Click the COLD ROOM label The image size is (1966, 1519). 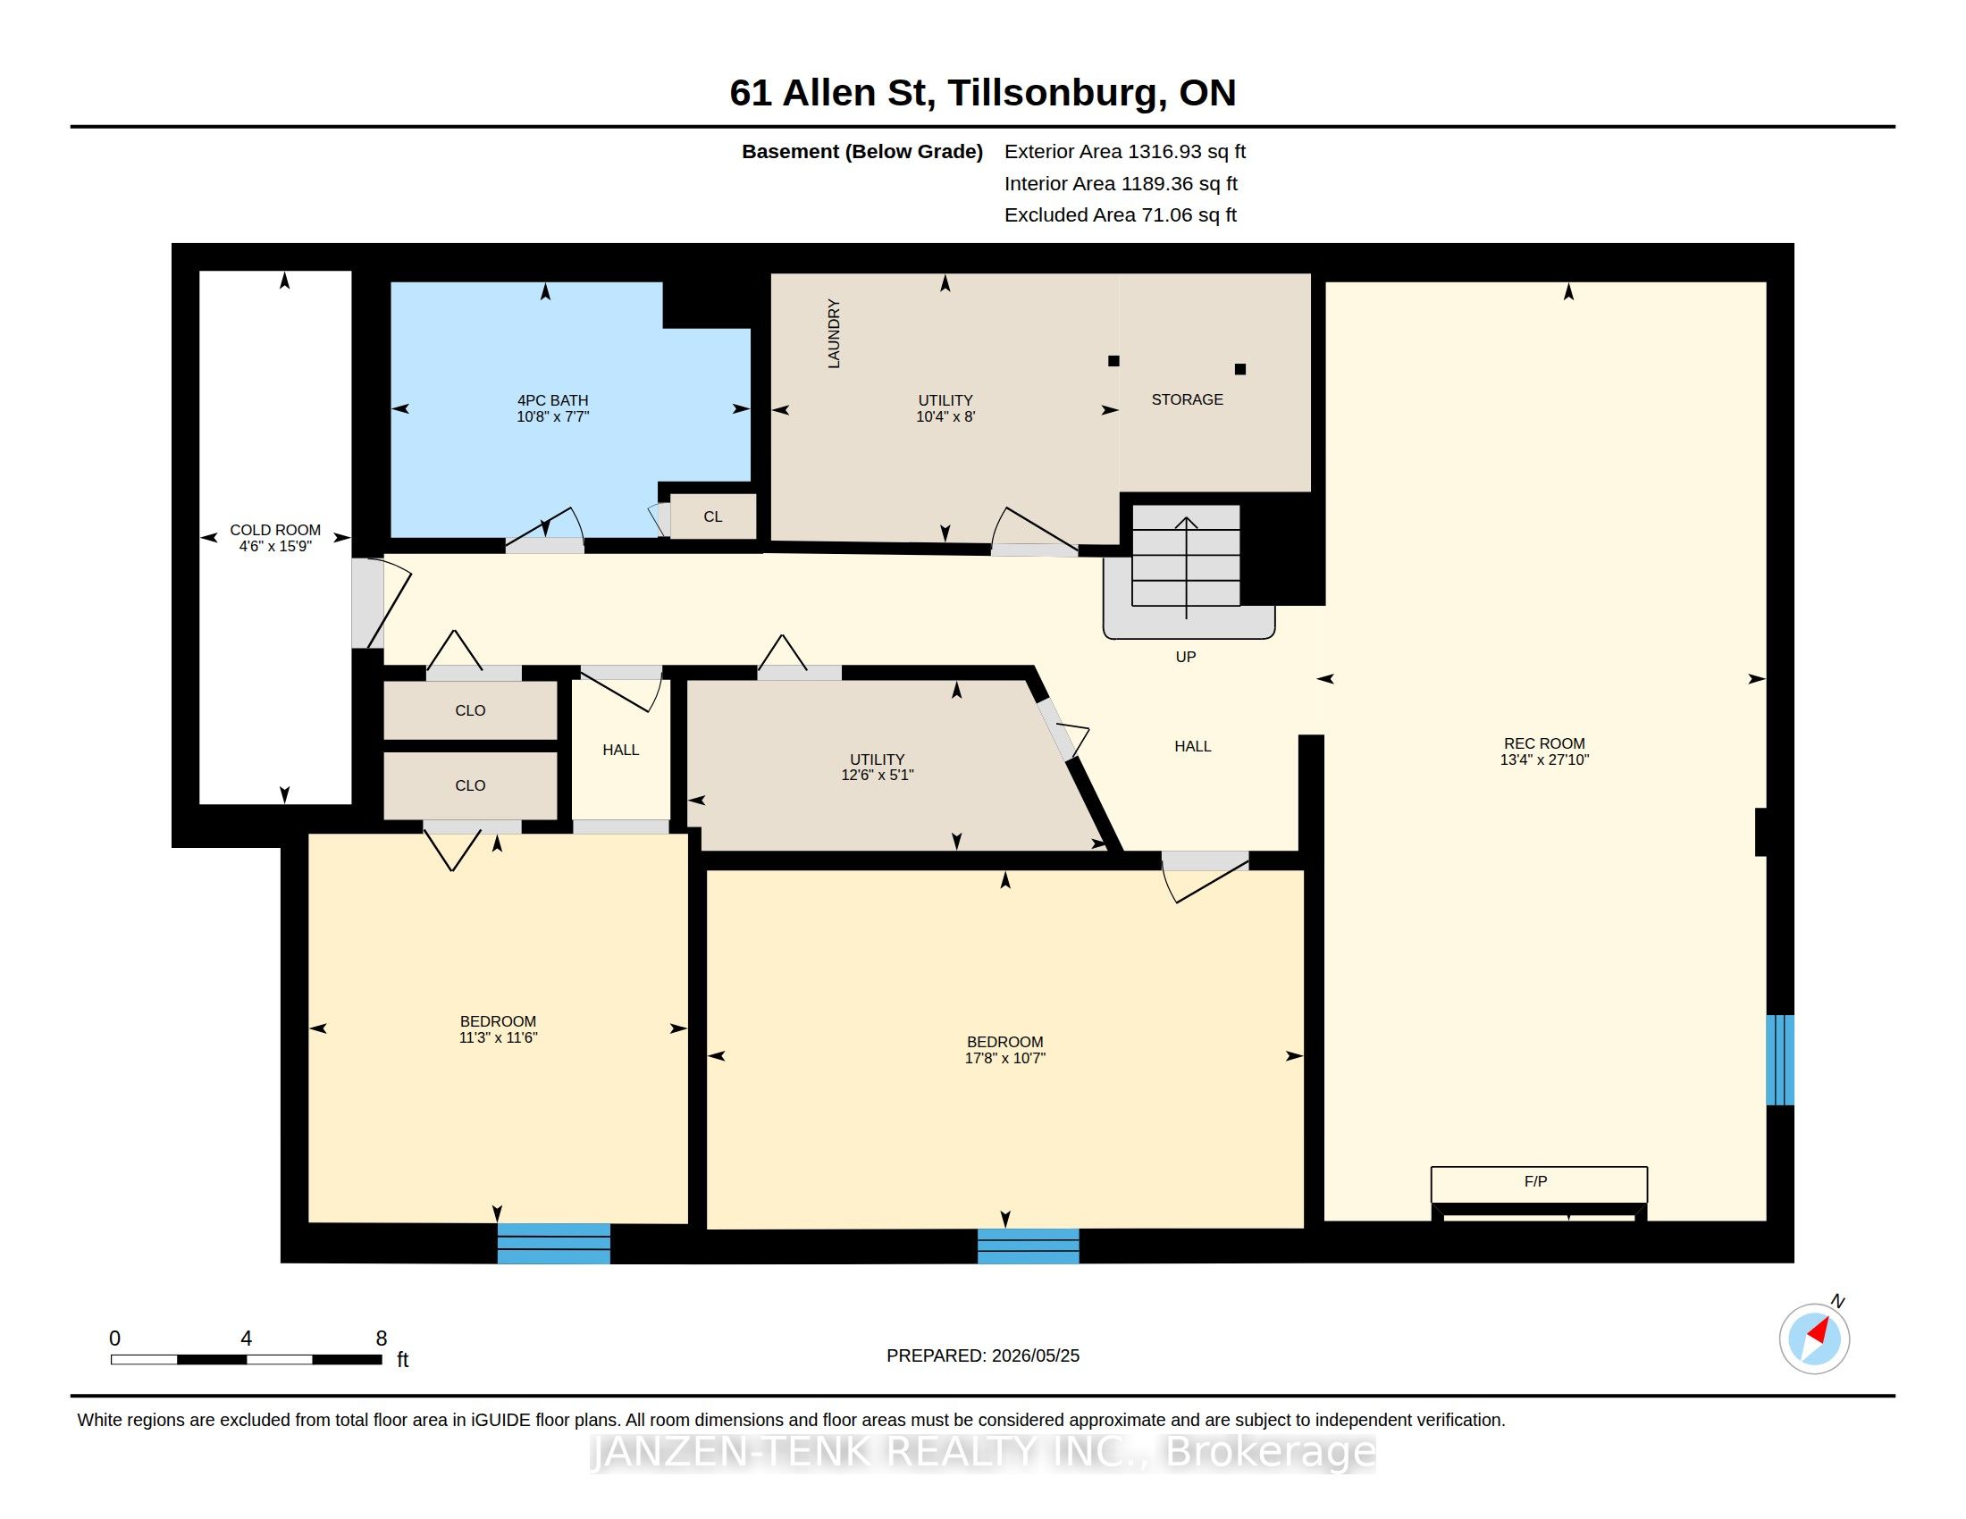click(x=274, y=530)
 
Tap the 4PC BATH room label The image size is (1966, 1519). click(x=552, y=400)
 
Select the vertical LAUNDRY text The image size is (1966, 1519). click(x=834, y=334)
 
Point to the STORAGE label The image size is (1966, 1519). click(x=1188, y=399)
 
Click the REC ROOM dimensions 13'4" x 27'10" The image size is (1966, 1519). click(x=1544, y=759)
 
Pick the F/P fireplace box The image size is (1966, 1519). click(x=1540, y=1184)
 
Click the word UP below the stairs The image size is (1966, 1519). click(x=1186, y=657)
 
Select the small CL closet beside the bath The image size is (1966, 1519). click(x=713, y=516)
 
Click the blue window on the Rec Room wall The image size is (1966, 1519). click(x=1779, y=1060)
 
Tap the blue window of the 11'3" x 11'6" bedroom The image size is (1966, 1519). click(x=554, y=1244)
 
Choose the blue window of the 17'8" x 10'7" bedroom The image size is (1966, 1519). click(x=1028, y=1246)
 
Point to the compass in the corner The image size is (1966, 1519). click(x=1814, y=1339)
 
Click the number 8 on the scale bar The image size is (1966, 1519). click(x=382, y=1339)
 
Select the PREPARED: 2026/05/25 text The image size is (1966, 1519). click(x=983, y=1355)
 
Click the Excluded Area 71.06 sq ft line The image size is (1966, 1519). click(x=1121, y=215)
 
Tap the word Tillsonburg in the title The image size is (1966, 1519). click(x=1053, y=93)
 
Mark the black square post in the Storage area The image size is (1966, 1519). click(x=1239, y=369)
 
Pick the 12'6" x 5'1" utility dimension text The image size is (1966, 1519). click(x=877, y=775)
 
